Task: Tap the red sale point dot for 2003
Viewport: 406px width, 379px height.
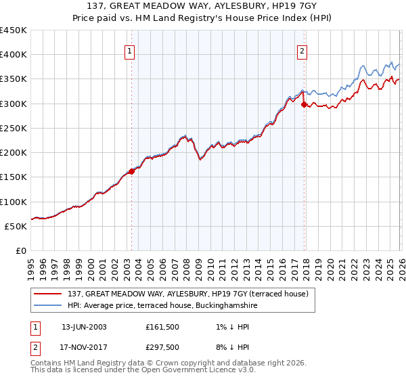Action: [131, 171]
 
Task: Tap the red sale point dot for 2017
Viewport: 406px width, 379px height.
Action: [304, 104]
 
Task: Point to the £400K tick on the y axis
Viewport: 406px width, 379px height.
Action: [14, 55]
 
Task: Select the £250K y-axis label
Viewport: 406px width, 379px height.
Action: [14, 128]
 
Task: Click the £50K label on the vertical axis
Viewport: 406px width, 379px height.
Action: [16, 226]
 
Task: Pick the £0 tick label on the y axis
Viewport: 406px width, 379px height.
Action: [22, 250]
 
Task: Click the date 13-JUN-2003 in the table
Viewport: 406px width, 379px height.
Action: [84, 326]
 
